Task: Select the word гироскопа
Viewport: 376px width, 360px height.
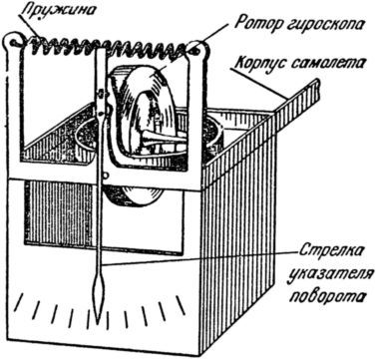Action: click(x=320, y=21)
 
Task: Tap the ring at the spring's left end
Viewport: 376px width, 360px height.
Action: click(x=13, y=42)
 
